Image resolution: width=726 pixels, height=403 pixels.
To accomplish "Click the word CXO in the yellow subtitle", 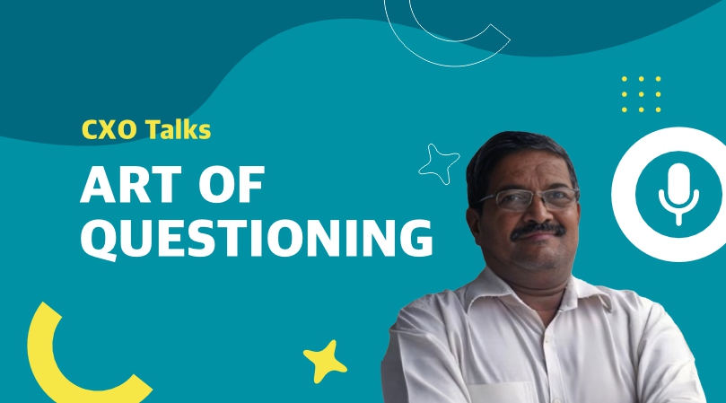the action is [x=109, y=130].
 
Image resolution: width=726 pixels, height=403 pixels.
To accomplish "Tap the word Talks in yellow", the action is [x=179, y=129].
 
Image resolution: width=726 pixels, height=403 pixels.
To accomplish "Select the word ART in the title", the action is [x=131, y=184].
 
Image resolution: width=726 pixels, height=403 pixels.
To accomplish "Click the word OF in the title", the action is [x=232, y=184].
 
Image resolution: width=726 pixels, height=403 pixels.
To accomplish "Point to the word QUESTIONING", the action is [x=257, y=239].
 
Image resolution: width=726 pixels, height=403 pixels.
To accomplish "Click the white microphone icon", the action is [x=678, y=195].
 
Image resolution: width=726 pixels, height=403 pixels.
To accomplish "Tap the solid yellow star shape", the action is [x=325, y=362].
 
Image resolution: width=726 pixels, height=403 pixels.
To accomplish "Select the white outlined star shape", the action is [x=439, y=164].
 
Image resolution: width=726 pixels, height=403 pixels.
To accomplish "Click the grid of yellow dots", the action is [x=642, y=94].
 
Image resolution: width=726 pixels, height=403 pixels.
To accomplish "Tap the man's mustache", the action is [x=538, y=230].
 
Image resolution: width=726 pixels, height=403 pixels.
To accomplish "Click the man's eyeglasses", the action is [x=527, y=199].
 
